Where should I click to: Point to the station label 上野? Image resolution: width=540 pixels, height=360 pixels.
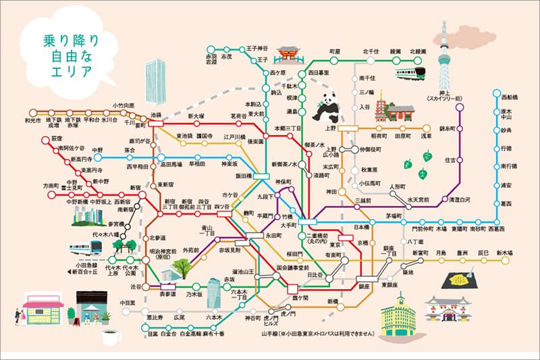[x=331, y=127]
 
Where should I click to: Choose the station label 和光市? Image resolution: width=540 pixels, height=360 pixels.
[x=32, y=121]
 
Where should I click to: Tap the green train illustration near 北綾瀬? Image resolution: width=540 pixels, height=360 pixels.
[x=410, y=72]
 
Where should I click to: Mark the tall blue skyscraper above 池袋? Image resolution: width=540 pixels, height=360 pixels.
[x=156, y=78]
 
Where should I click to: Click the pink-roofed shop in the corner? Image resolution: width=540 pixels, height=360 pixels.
[x=42, y=310]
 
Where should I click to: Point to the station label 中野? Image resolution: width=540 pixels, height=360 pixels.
[x=98, y=150]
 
